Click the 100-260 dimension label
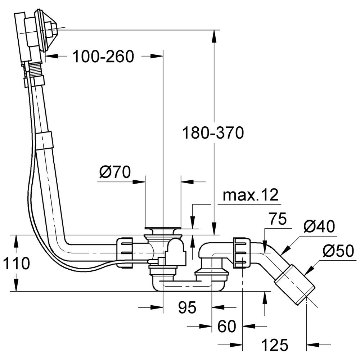coord(103,56)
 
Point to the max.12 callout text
coord(251,195)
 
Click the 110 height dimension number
coord(15,264)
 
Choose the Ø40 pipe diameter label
coord(319,227)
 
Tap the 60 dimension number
coord(227,327)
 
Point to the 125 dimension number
coord(275,345)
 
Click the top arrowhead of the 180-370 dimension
coord(214,33)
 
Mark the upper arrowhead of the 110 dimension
coord(16,239)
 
